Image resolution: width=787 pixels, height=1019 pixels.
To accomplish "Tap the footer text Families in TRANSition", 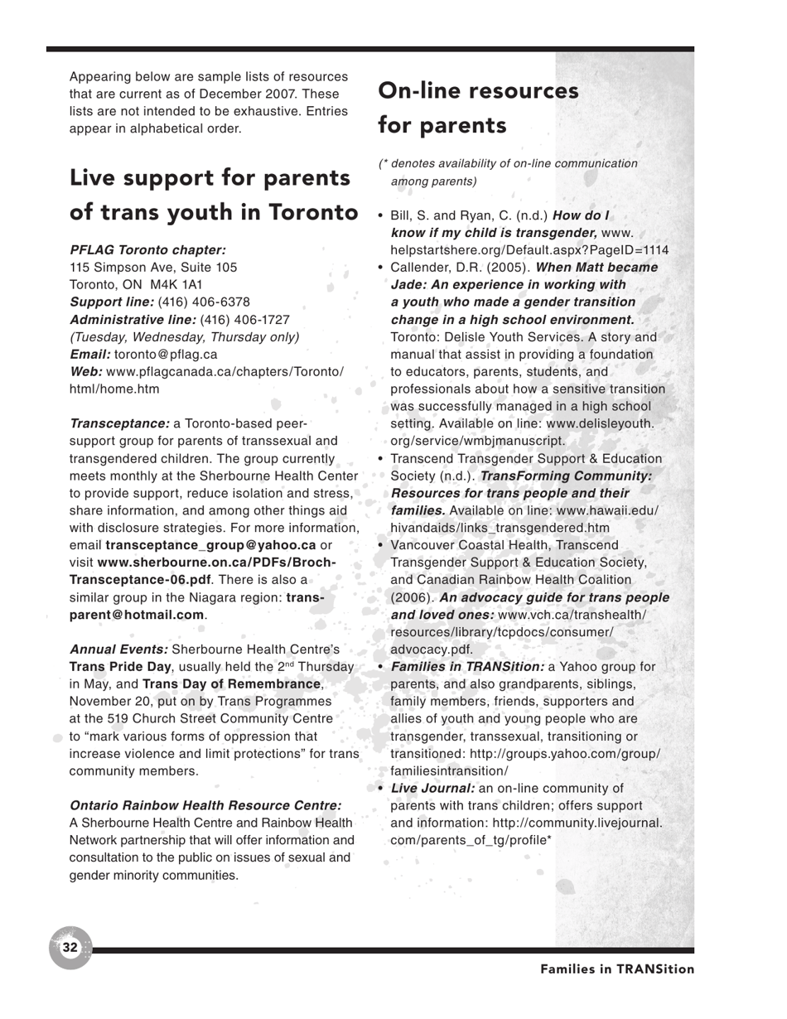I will pos(617,969).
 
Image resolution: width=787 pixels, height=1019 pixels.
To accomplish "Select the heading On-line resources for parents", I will pos(478,108).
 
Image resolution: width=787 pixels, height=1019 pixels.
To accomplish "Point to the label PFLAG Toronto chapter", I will pos(148,249).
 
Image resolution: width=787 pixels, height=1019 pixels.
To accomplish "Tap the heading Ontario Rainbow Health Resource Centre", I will pos(205,805).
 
